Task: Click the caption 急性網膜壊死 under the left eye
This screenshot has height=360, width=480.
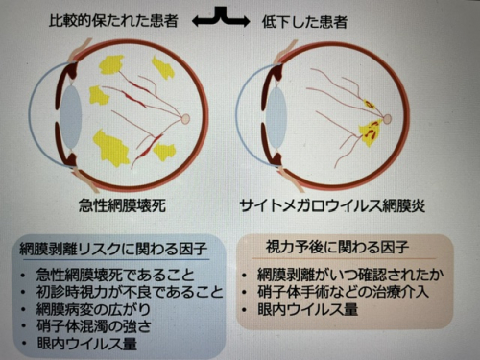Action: tap(122, 205)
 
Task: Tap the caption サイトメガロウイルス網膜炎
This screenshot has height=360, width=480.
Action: tap(332, 205)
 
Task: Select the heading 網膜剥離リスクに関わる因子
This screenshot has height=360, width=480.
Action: tap(113, 249)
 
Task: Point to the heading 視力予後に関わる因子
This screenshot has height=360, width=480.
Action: tap(338, 247)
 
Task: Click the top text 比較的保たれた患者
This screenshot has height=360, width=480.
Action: tap(113, 21)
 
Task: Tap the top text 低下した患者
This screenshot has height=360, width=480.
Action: tap(304, 22)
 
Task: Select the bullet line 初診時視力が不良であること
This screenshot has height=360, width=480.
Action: tap(130, 292)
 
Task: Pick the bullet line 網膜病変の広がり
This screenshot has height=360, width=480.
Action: tap(93, 309)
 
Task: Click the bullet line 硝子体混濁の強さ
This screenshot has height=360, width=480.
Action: tap(94, 326)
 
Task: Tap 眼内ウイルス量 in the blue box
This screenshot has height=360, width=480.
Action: tap(87, 344)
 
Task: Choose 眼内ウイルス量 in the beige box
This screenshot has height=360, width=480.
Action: tap(308, 309)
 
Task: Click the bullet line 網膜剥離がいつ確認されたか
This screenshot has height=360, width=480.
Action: tap(350, 275)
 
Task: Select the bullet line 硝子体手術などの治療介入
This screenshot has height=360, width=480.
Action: tap(343, 292)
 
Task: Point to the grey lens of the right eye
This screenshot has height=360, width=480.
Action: tap(276, 119)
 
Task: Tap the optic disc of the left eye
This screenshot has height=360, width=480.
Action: tap(185, 119)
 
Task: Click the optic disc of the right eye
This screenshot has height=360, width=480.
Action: tap(387, 119)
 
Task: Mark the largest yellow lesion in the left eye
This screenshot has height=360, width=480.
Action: tap(110, 148)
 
